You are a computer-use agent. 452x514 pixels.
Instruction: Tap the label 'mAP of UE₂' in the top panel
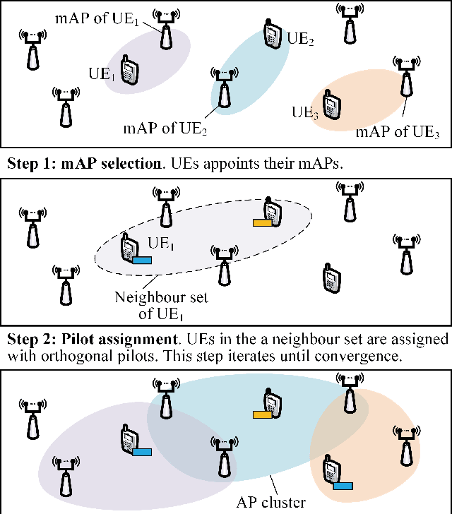[x=165, y=128]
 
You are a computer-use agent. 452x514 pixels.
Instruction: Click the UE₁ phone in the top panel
[x=129, y=73]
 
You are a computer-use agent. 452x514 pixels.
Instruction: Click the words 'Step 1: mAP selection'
[x=84, y=164]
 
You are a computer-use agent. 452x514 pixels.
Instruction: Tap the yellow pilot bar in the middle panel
[x=263, y=223]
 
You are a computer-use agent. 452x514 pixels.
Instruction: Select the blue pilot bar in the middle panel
[x=142, y=261]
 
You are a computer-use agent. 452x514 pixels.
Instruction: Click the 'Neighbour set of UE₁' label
[x=161, y=304]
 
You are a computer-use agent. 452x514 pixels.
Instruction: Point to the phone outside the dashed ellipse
[x=328, y=277]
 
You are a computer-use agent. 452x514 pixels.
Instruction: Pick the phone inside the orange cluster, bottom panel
[x=328, y=469]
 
